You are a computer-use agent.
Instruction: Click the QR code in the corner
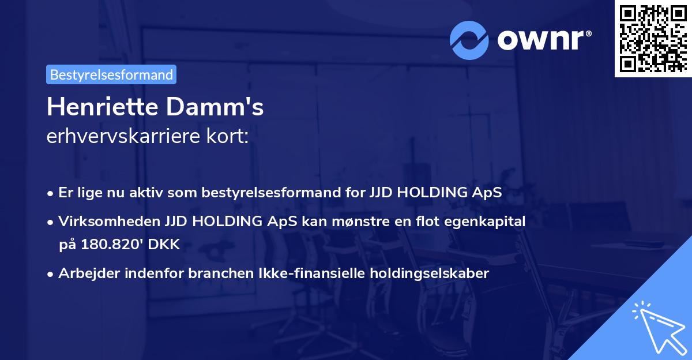653,39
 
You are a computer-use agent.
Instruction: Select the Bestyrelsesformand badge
111,74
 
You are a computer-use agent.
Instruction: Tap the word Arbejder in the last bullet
85,273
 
